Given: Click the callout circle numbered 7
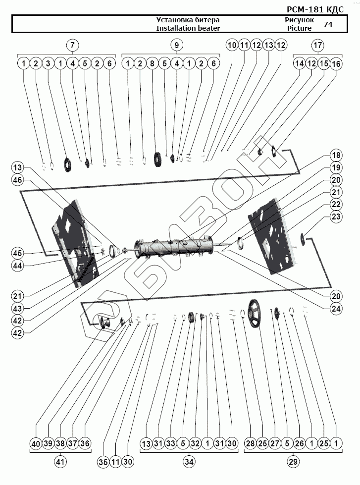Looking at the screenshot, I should [x=73, y=45].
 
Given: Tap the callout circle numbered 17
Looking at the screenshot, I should [x=317, y=45].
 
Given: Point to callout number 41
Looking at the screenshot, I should [x=60, y=462].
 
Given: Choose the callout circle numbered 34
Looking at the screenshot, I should [x=189, y=462].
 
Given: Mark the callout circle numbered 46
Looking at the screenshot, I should [x=18, y=181].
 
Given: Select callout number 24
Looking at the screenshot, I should [x=337, y=308].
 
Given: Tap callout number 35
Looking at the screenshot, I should [x=103, y=462].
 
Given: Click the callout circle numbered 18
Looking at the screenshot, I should [x=337, y=156].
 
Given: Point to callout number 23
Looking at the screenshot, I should [x=337, y=216].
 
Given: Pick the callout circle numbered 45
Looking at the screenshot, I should [x=18, y=253].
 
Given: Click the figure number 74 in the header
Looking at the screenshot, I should [x=328, y=24].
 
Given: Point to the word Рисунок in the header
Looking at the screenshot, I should [x=299, y=20].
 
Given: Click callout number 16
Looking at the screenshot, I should [x=336, y=63].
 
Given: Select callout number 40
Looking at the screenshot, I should [x=35, y=443].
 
